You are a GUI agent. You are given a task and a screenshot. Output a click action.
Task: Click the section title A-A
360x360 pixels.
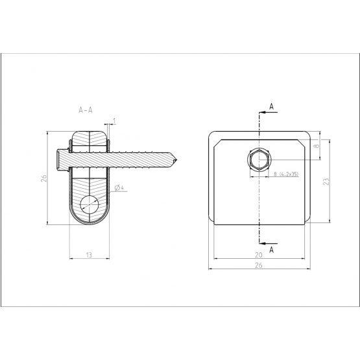pyautogui.click(x=86, y=110)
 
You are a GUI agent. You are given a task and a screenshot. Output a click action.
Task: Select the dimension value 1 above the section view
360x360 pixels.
pyautogui.click(x=114, y=120)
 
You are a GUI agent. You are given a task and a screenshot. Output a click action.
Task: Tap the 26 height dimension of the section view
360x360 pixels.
pyautogui.click(x=43, y=178)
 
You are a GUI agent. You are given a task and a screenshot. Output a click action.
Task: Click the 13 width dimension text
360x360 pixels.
pyautogui.click(x=89, y=255)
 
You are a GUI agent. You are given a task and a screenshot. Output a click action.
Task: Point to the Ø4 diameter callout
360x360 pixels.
pyautogui.click(x=119, y=188)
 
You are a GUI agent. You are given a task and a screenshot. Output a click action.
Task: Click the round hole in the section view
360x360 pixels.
pyautogui.click(x=90, y=204)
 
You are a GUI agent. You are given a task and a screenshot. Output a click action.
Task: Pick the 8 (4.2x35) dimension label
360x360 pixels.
pyautogui.click(x=286, y=174)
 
